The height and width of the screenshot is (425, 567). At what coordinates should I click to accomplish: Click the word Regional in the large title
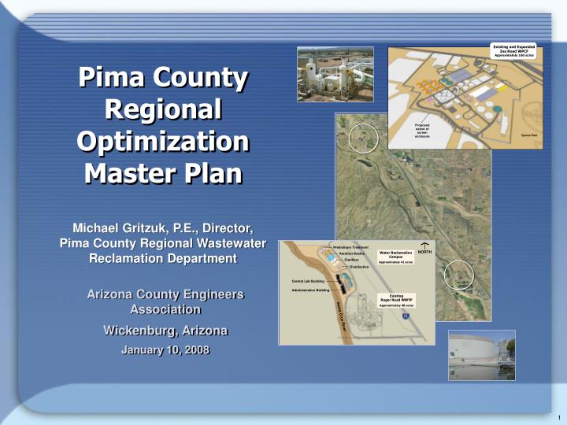click(x=162, y=109)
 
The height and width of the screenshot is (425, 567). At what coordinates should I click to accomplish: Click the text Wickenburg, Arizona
click(x=165, y=330)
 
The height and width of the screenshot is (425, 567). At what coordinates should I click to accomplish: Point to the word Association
click(x=165, y=309)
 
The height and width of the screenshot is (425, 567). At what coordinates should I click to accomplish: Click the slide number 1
click(x=557, y=417)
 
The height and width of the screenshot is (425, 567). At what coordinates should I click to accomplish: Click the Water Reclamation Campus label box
click(x=396, y=257)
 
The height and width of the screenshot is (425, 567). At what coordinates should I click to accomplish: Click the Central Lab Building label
click(x=308, y=280)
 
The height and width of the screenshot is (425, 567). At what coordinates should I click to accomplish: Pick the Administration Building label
click(x=309, y=290)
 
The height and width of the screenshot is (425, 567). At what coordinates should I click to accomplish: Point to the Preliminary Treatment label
click(x=350, y=247)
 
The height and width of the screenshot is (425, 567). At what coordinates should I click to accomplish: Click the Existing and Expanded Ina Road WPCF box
click(x=514, y=50)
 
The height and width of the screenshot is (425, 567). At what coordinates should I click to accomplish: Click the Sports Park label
click(x=528, y=135)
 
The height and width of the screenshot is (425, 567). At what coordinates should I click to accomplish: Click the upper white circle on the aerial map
click(x=363, y=139)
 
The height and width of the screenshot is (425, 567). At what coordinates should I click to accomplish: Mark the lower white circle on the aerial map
click(x=459, y=275)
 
